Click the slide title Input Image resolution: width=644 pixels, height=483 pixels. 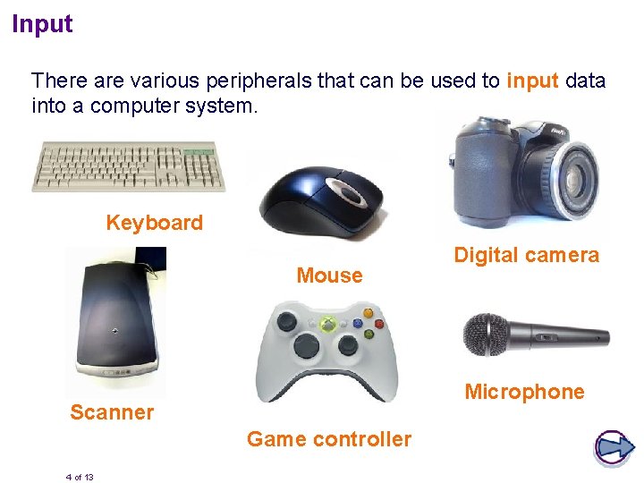pos(42,24)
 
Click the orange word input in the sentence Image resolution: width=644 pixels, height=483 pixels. pos(532,80)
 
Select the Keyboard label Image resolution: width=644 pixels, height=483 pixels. pos(154,223)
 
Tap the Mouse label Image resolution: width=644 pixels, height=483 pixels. pos(329,275)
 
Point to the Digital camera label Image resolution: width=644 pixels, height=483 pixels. pos(526,255)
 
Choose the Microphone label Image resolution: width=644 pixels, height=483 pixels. pos(524,392)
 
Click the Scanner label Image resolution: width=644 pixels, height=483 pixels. pos(112,412)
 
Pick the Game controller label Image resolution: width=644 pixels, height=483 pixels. pos(328,439)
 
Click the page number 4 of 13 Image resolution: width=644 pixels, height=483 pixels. pos(80,477)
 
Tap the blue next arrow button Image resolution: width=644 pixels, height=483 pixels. pos(614,447)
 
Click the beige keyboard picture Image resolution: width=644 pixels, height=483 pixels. pos(129,166)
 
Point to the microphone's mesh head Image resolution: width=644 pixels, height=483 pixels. pos(486,335)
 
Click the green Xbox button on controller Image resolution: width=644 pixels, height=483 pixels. pos(329,324)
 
